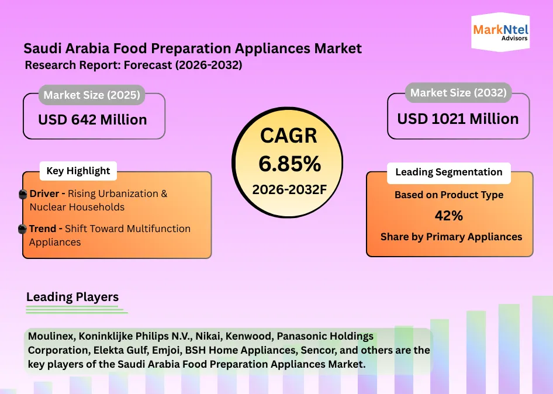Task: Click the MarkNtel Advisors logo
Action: click(500, 32)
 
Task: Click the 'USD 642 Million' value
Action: click(92, 120)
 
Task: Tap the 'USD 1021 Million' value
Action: click(458, 119)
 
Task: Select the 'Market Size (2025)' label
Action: click(92, 95)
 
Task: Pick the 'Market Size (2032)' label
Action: click(458, 93)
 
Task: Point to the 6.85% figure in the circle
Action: click(289, 164)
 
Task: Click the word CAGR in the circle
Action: click(289, 136)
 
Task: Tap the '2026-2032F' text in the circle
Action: click(289, 190)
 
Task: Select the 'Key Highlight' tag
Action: click(78, 171)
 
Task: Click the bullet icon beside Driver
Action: click(23, 194)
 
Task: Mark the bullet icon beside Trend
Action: click(22, 229)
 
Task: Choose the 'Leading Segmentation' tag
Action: click(448, 172)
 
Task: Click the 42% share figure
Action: click(448, 216)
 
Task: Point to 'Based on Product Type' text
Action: click(449, 195)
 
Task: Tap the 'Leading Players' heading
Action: click(72, 297)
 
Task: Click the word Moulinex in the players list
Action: click(51, 336)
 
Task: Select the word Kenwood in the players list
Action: click(250, 336)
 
